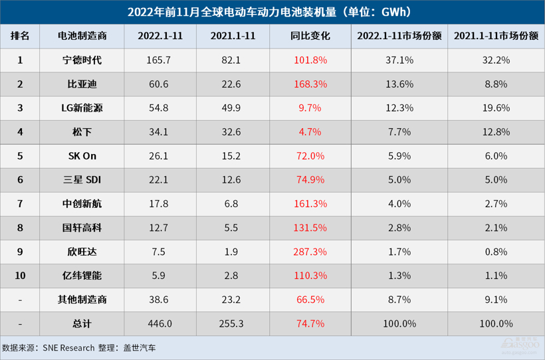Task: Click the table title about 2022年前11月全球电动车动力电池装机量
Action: pos(272,12)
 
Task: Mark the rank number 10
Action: pos(20,276)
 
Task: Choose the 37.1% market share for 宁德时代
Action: pos(399,60)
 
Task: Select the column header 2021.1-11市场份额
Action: pos(496,36)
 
